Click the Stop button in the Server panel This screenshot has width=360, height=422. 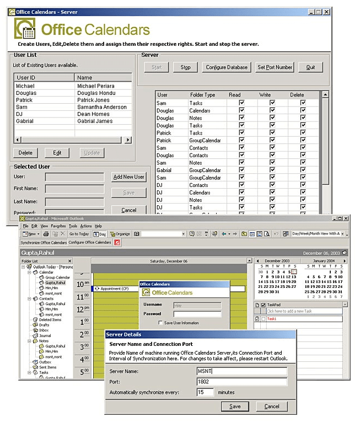[x=185, y=67]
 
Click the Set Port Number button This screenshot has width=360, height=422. [x=275, y=67]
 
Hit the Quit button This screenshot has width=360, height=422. [x=310, y=67]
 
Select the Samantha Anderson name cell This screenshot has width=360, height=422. [x=102, y=107]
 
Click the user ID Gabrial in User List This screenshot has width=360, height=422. [x=25, y=121]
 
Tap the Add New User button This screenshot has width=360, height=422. [x=128, y=177]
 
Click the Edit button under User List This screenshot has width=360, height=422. [x=57, y=153]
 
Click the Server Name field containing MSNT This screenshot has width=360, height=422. [x=241, y=371]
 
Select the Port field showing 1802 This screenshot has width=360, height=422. [x=241, y=382]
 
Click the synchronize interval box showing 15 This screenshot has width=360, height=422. [x=206, y=392]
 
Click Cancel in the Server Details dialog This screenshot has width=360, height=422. [x=272, y=407]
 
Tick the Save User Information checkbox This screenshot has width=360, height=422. [x=160, y=323]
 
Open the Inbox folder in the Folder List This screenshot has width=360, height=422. [x=44, y=330]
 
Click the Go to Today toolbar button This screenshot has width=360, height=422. [x=79, y=234]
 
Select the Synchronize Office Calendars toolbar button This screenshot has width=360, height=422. [x=44, y=242]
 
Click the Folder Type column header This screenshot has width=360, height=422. [x=202, y=95]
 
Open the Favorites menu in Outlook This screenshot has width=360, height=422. [x=58, y=226]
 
